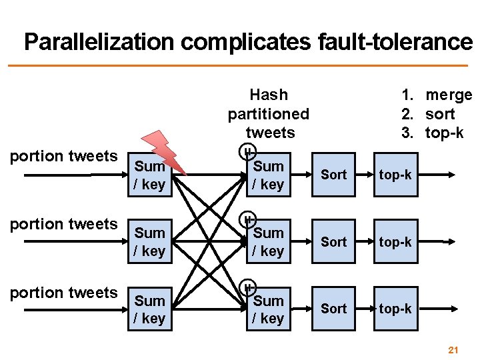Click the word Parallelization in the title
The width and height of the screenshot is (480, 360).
click(99, 42)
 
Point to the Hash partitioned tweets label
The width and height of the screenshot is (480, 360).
click(269, 114)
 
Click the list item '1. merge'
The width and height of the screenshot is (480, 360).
click(436, 95)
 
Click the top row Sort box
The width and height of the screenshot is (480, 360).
click(334, 175)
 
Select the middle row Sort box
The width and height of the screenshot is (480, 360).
click(334, 242)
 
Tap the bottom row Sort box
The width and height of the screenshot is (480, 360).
click(334, 309)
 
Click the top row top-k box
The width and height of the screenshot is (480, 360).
click(395, 175)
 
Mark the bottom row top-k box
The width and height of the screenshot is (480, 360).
click(395, 309)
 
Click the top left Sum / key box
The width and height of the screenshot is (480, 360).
click(149, 175)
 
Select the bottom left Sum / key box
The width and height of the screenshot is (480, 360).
click(149, 309)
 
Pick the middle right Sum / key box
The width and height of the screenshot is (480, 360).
click(268, 242)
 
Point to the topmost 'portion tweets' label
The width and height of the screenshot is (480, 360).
click(64, 156)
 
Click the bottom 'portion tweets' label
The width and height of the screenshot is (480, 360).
click(64, 292)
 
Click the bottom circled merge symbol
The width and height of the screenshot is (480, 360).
click(247, 287)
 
